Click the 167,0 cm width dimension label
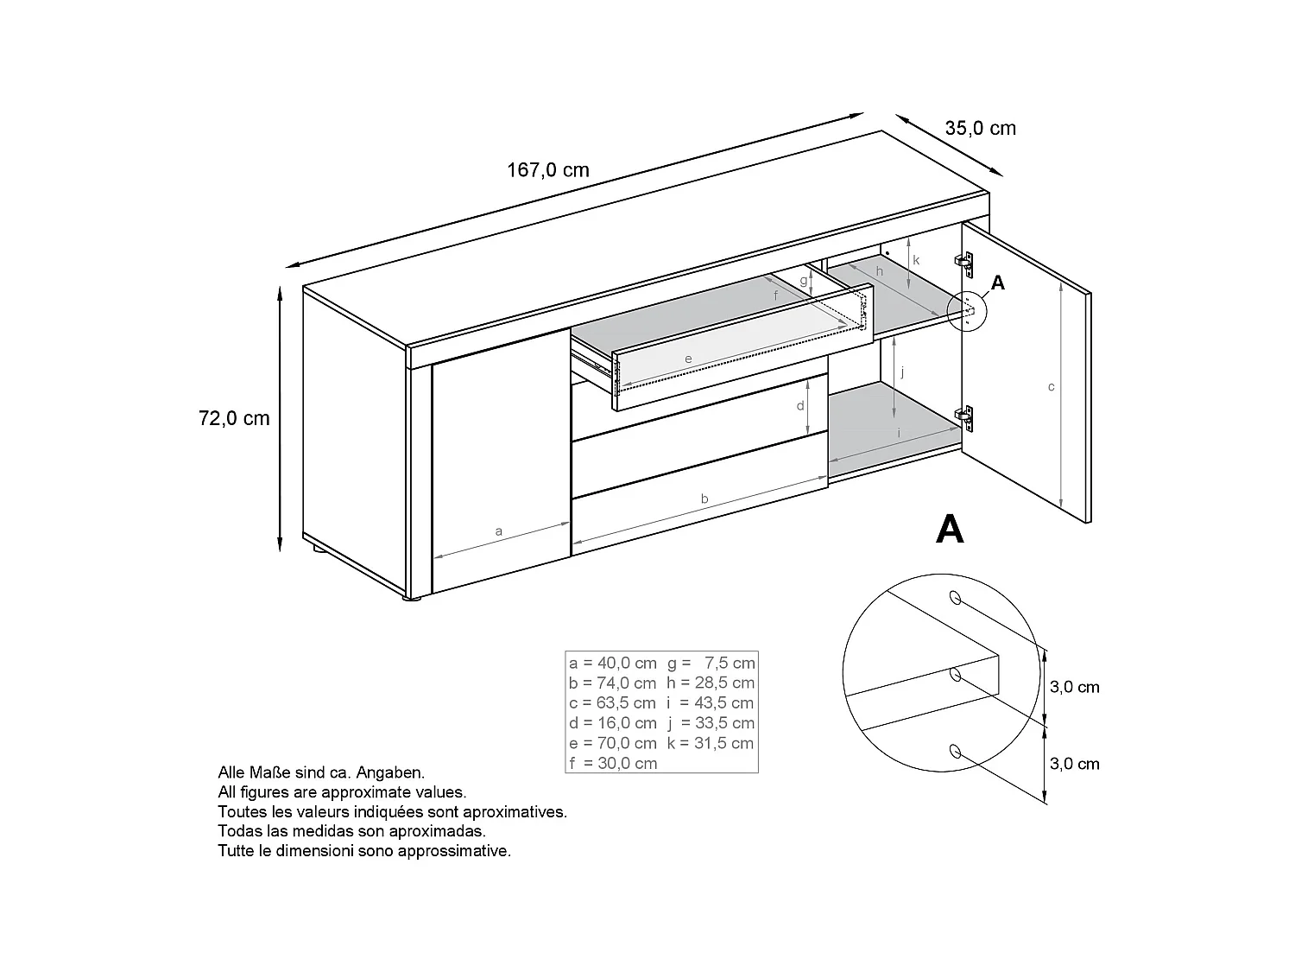click(x=547, y=169)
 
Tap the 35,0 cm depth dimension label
click(x=980, y=129)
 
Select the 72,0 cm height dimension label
click(x=234, y=418)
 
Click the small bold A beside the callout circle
click(x=998, y=283)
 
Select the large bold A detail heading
click(x=950, y=529)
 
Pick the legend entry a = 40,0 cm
click(x=613, y=664)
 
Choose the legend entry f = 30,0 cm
click(x=613, y=763)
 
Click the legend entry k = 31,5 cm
click(x=711, y=743)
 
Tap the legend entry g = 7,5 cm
click(x=711, y=664)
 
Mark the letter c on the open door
click(x=1051, y=387)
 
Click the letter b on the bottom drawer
click(x=704, y=499)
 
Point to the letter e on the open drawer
click(x=688, y=359)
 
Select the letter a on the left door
click(x=498, y=531)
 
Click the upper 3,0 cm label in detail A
click(x=1074, y=688)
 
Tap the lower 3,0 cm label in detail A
click(x=1074, y=764)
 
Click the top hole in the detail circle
click(x=955, y=597)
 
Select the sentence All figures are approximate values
click(x=342, y=792)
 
